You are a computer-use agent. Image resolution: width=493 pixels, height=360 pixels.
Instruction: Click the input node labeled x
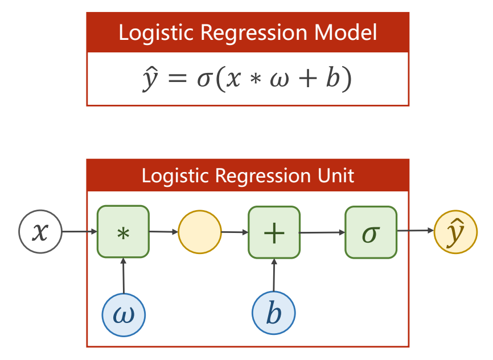(x=40, y=232)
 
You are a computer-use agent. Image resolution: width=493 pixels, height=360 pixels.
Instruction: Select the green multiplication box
(x=123, y=232)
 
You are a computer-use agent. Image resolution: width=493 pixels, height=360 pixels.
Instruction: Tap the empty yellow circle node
(x=199, y=232)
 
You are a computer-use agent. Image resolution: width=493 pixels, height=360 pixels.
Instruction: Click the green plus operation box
(x=274, y=232)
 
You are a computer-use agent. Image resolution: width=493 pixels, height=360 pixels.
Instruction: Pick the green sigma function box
(x=371, y=232)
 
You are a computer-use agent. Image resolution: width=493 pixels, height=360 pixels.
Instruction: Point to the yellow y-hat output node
(x=455, y=232)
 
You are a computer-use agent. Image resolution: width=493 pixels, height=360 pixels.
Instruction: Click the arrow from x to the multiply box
(x=79, y=232)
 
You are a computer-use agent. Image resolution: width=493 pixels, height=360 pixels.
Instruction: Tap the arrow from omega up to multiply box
(x=123, y=276)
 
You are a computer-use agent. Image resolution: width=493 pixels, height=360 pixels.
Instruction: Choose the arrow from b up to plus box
(x=274, y=276)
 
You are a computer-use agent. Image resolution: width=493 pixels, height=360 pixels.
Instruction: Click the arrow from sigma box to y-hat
(x=415, y=231)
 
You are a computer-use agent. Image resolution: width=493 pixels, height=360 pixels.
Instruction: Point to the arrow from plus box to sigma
(x=322, y=232)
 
